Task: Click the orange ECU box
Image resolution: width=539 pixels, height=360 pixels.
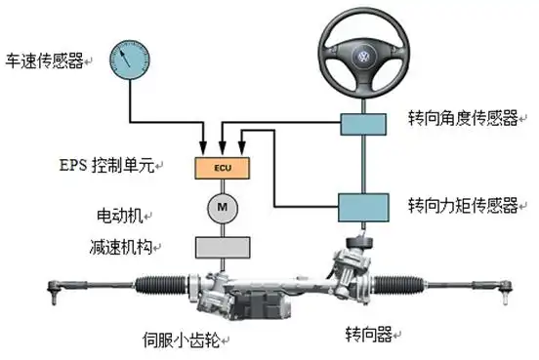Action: tap(223, 168)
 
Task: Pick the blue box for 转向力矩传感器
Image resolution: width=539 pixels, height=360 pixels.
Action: tap(363, 206)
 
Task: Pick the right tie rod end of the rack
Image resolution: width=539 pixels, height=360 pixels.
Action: tap(506, 285)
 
